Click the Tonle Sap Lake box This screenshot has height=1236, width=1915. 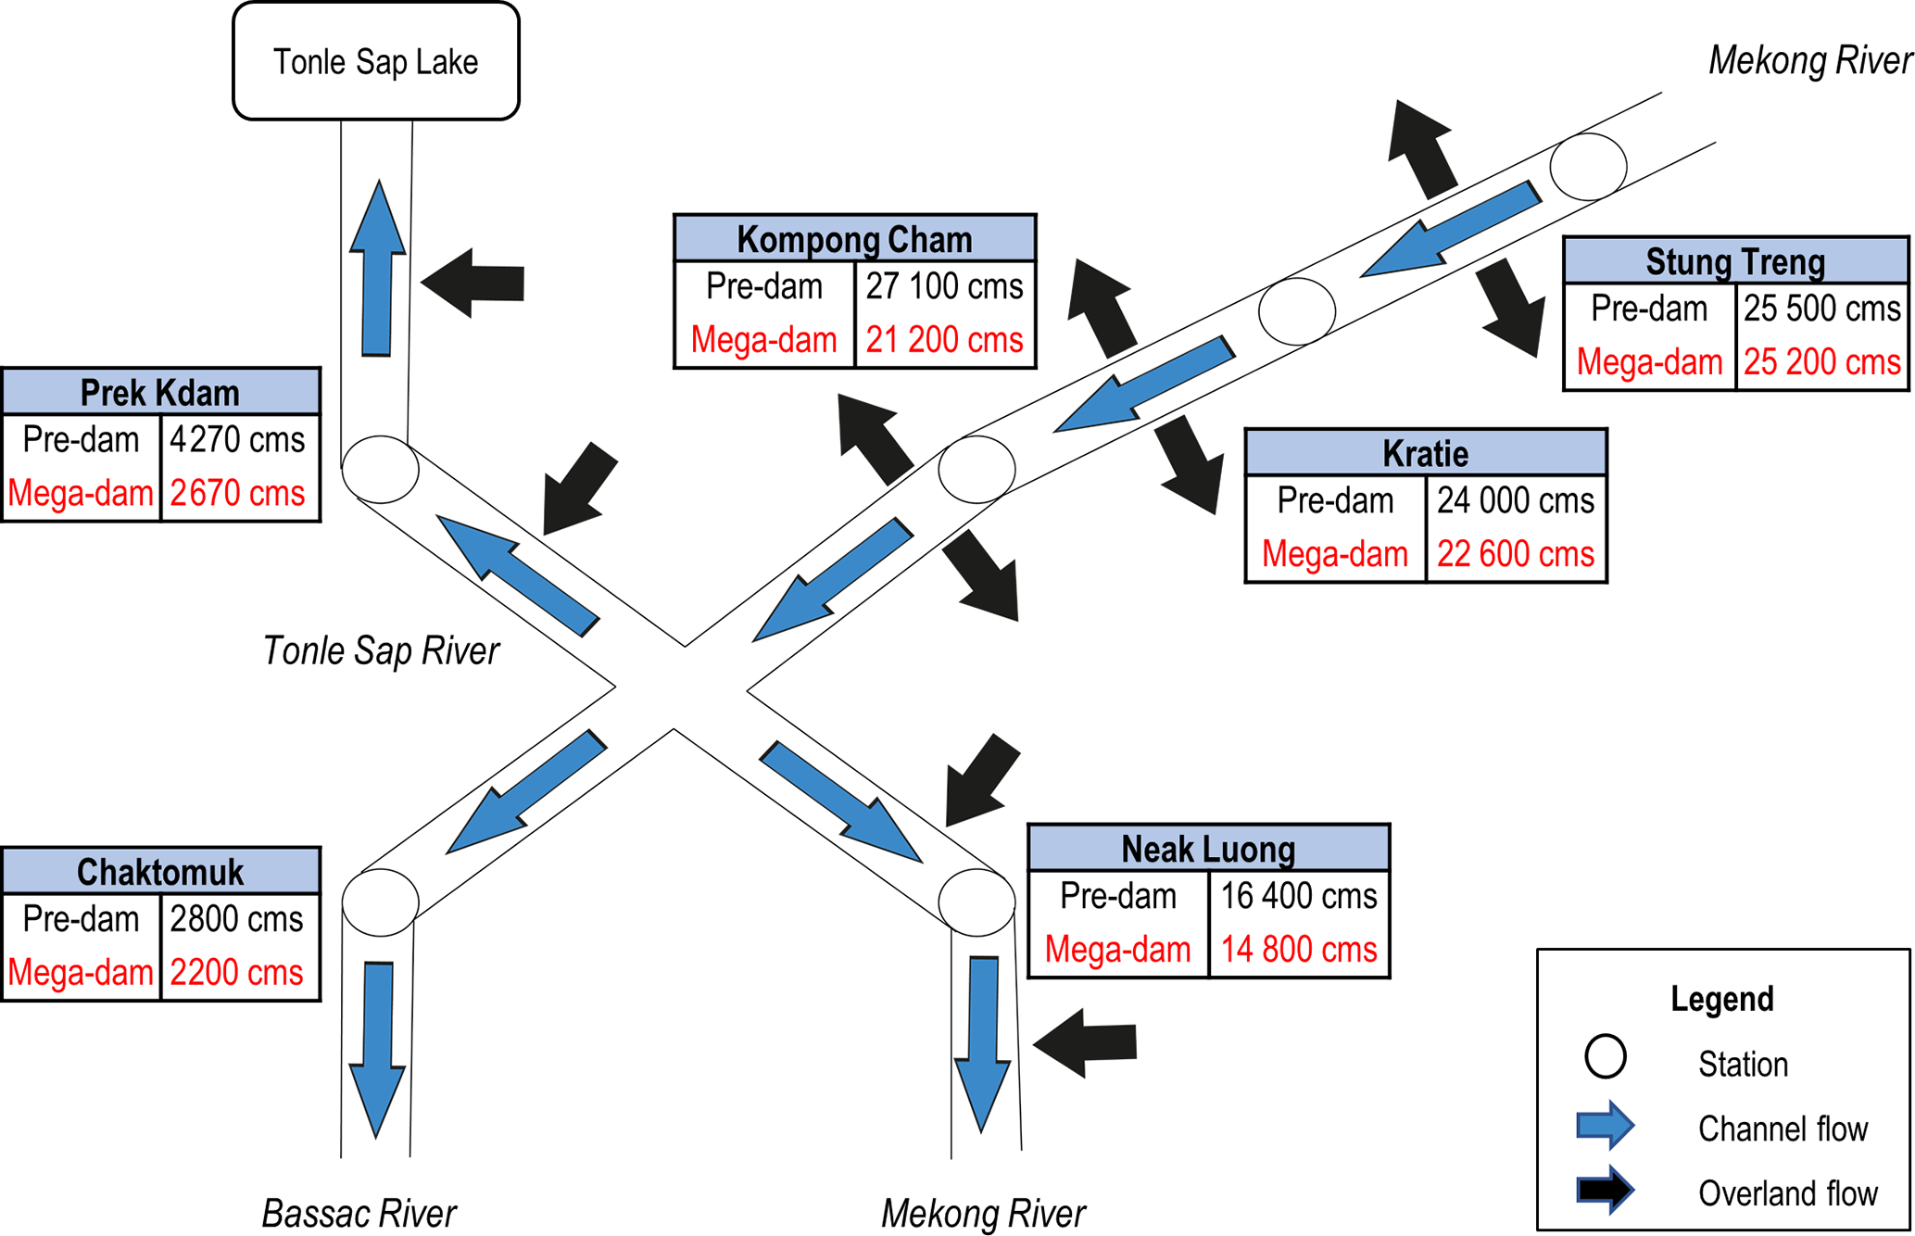coord(375,61)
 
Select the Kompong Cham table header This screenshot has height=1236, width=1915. coord(854,239)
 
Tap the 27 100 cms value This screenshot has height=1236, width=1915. coord(944,287)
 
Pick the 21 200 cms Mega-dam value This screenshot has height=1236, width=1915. coord(944,340)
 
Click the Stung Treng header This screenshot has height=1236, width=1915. coord(1734,261)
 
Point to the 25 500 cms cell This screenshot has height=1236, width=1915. coord(1821,309)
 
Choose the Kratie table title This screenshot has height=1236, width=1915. coord(1425,453)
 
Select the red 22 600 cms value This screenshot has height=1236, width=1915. coord(1515,554)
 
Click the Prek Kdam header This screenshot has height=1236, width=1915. coord(160,392)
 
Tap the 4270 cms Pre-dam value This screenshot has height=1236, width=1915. coord(237,439)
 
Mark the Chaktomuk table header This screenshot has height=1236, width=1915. coord(160,871)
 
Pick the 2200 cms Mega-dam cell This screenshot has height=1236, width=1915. coord(237,972)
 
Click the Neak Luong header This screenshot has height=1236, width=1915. coord(1208,848)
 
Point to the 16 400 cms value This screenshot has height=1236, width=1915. coord(1298,896)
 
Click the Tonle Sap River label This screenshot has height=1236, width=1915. coord(381,650)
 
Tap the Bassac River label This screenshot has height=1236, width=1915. coord(359,1213)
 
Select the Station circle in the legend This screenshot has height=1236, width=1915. coord(1605,1056)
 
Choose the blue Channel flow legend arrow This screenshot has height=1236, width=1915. coord(1605,1125)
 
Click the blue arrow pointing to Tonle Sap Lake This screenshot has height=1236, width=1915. coord(377,269)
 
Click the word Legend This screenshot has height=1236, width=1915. coord(1721,999)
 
